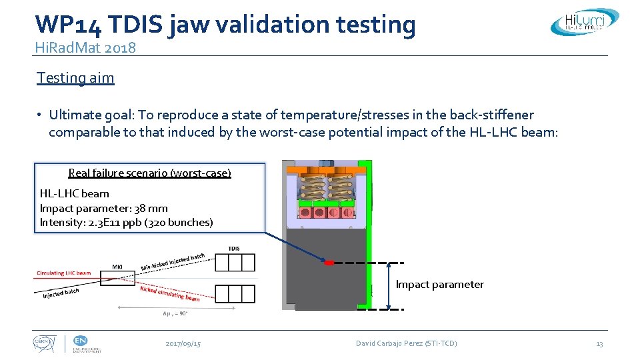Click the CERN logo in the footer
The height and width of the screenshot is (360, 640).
45,344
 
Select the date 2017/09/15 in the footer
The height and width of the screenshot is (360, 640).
183,343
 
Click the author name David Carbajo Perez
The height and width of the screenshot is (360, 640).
406,343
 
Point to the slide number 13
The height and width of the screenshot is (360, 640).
599,343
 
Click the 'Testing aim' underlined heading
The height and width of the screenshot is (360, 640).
75,78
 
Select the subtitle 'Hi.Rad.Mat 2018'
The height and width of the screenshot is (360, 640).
86,47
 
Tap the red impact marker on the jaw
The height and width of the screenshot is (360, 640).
328,263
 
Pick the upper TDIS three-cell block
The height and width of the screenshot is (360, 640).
235,263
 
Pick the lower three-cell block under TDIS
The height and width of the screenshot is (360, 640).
235,293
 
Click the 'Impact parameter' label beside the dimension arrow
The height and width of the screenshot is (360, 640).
440,285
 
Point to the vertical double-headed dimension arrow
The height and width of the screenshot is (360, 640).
389,286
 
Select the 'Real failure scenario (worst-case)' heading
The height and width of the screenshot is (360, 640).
149,173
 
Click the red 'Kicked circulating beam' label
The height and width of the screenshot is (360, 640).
169,293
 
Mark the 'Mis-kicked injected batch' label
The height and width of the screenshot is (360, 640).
173,261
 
